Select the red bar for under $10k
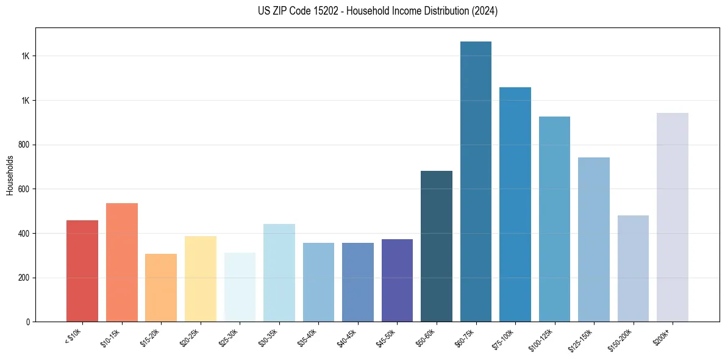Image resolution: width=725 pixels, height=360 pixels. (82, 271)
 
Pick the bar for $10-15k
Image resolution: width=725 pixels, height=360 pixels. (121, 262)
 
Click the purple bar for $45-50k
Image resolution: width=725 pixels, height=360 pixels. (397, 281)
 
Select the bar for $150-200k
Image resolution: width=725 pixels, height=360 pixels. (633, 268)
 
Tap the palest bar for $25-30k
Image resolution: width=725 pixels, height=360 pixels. (240, 287)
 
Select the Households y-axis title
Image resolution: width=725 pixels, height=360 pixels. (10, 175)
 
